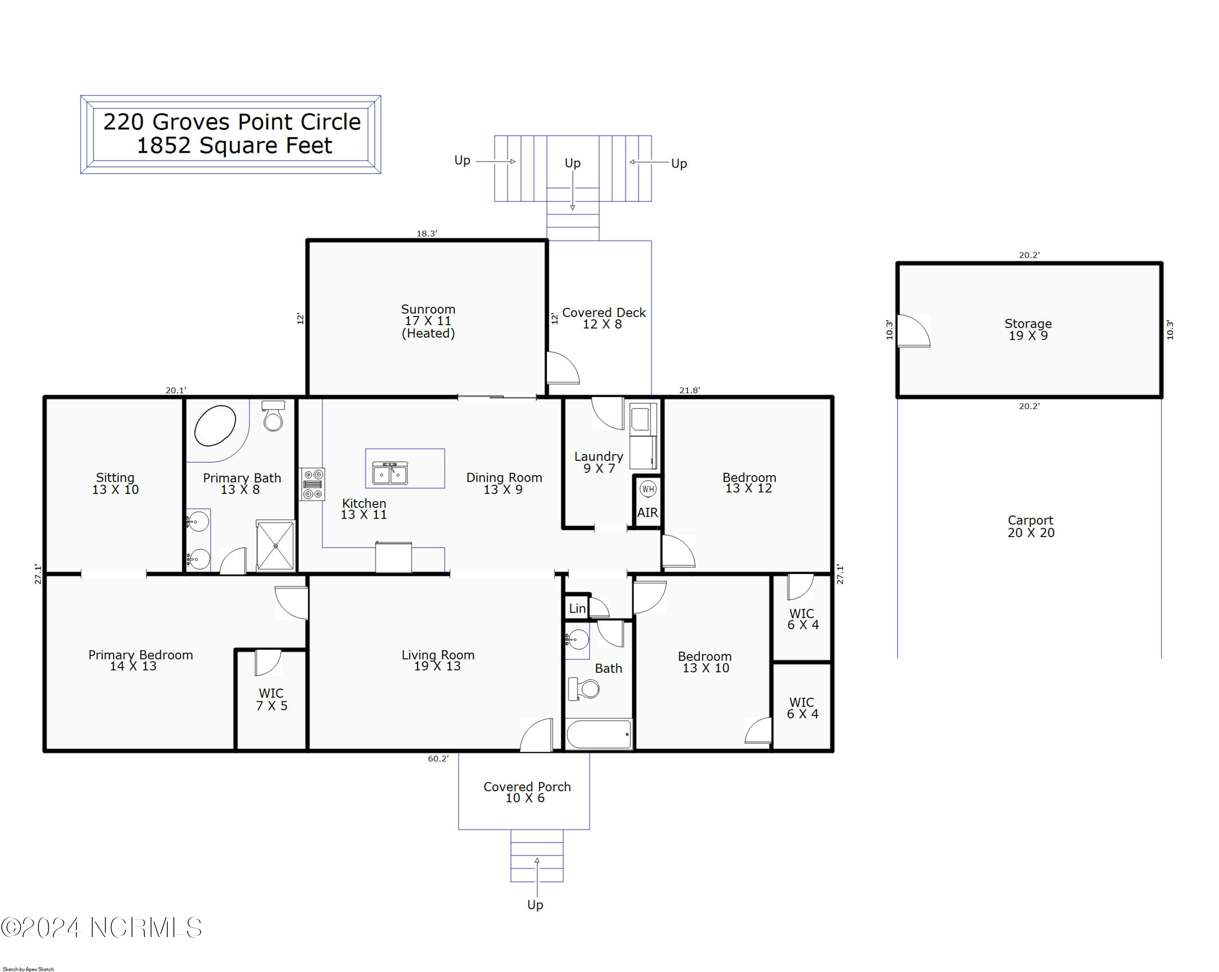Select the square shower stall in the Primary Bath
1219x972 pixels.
tap(275, 546)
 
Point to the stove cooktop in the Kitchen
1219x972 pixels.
tap(312, 484)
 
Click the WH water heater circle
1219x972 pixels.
tap(648, 489)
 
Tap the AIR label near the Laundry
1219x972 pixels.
tap(647, 513)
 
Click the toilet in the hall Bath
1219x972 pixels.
tap(585, 689)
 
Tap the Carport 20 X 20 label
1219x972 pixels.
tap(1031, 526)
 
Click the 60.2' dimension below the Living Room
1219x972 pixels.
tap(438, 759)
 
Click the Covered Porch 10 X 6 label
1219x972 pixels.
tap(527, 792)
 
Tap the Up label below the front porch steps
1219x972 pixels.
tap(535, 905)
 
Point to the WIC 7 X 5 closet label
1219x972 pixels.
tap(272, 699)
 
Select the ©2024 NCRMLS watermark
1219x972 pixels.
tap(102, 927)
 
